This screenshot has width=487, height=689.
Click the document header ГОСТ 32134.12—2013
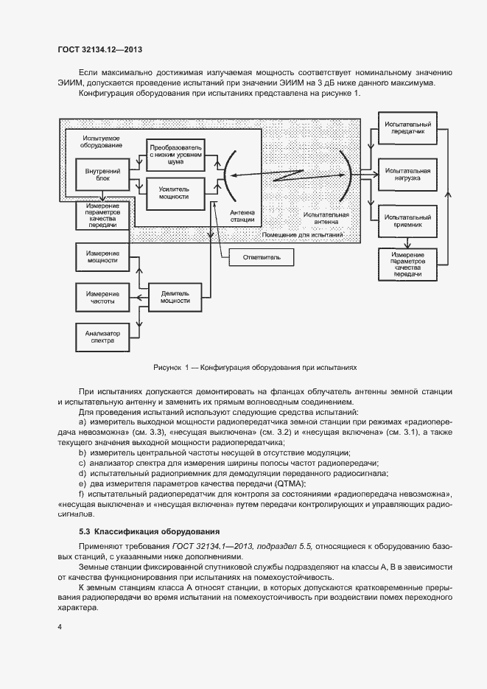[99, 50]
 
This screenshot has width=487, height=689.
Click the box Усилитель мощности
[174, 192]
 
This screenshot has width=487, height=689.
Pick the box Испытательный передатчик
[407, 127]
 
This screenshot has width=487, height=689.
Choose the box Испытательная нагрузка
[407, 173]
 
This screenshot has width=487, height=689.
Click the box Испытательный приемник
[407, 221]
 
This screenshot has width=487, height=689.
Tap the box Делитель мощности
[175, 296]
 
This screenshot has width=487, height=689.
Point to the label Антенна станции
[242, 214]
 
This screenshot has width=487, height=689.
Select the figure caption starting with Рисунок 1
[254, 366]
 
